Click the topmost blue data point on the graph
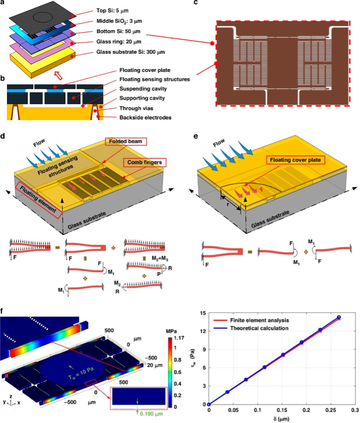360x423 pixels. click(x=338, y=317)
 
